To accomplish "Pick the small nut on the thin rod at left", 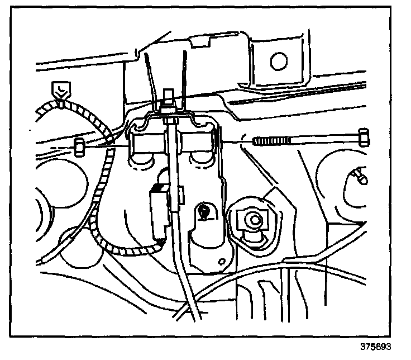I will click(79, 146).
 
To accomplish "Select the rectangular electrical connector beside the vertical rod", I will click(159, 207).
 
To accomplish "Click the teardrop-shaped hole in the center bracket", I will click(205, 212).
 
